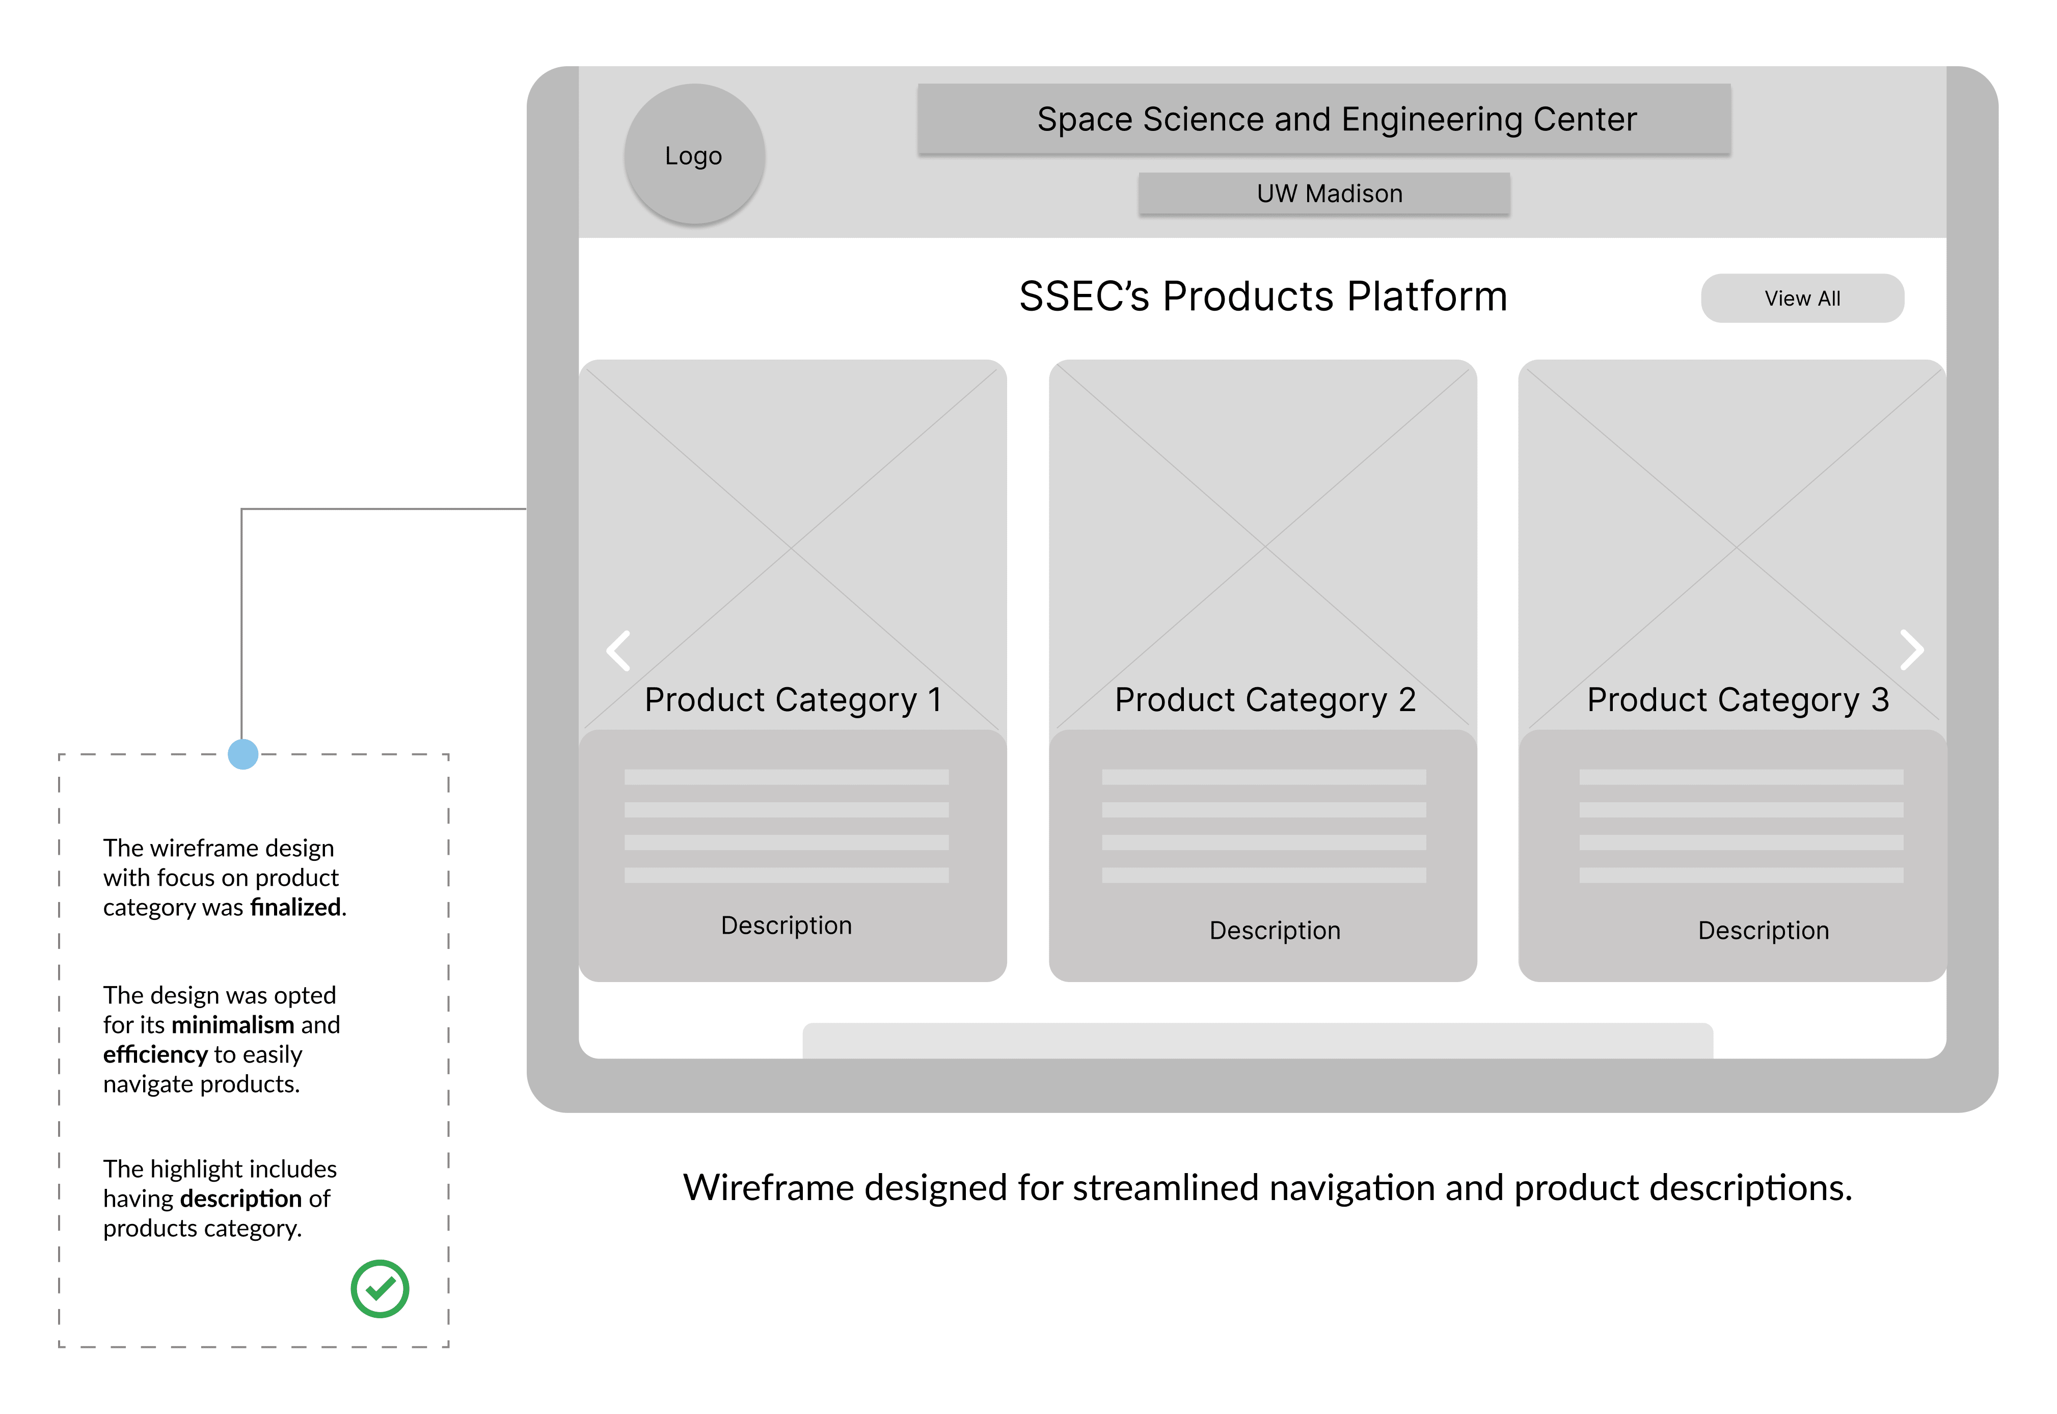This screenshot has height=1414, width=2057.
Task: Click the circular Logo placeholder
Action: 694,154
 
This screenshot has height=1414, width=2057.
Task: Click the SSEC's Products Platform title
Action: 1262,296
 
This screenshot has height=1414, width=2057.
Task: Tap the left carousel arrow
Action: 618,650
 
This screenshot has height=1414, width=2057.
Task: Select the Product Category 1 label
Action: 792,700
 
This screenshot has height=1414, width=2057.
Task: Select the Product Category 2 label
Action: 1264,700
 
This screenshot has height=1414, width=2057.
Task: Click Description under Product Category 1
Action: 786,925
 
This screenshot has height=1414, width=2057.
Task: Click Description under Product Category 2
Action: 1274,930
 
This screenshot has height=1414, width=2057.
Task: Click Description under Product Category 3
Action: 1763,930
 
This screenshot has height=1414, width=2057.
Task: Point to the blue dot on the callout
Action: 242,754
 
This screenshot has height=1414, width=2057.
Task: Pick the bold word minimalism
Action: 232,1025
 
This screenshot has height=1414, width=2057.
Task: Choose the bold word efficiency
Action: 155,1054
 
